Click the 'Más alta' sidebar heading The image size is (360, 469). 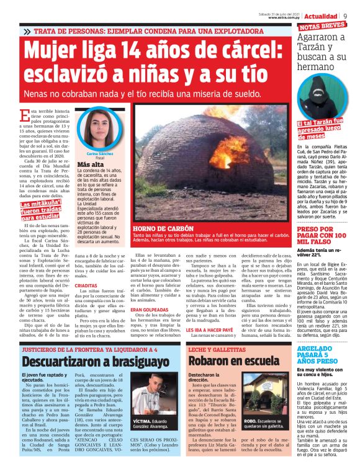pyautogui.click(x=89, y=165)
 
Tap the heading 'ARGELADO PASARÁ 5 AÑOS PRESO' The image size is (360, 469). pyautogui.click(x=322, y=354)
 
